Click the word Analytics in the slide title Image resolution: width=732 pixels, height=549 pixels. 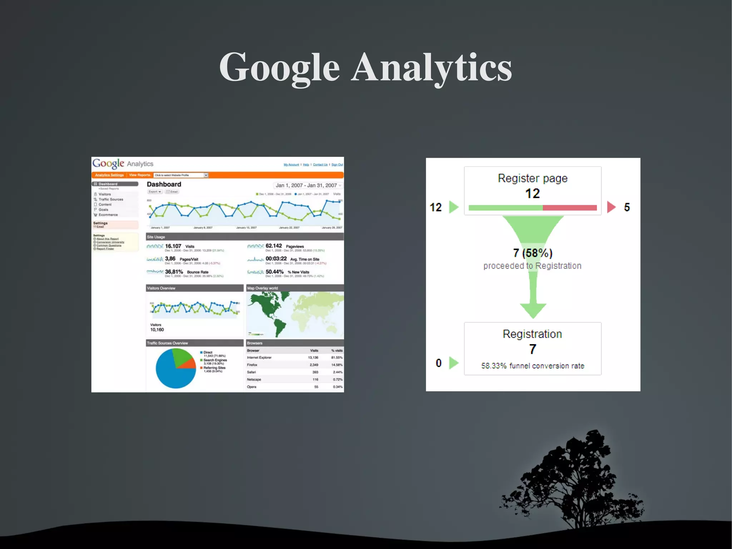coord(432,68)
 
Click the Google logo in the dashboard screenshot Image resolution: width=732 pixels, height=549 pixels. coord(108,163)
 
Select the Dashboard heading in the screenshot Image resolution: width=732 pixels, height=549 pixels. coord(164,184)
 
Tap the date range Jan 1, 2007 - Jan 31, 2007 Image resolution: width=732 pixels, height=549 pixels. coord(306,185)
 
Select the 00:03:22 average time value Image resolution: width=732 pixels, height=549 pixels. coord(276,259)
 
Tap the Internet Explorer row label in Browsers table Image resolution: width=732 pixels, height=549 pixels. coord(259,358)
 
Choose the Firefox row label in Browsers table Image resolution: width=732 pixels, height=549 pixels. coord(252,365)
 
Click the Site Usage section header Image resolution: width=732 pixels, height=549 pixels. coord(156,237)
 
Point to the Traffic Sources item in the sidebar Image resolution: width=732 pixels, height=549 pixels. coord(111,199)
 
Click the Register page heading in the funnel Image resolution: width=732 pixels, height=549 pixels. coord(533,178)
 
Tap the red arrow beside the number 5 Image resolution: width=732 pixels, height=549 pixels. coord(611,207)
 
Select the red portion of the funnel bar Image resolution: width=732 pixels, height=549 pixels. coord(570,208)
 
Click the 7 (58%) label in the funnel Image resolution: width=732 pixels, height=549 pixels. coord(533,253)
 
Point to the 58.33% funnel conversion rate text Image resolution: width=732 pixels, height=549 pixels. coord(533,366)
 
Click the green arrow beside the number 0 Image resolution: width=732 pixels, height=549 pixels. coord(454,363)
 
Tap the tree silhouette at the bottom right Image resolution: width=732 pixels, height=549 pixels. coord(575,479)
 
